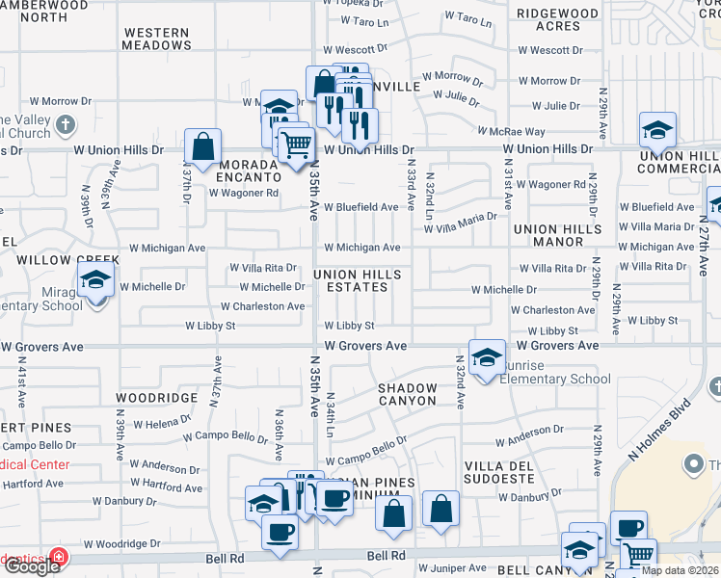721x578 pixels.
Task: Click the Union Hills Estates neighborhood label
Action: [357, 281]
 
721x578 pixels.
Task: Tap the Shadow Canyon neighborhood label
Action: [407, 394]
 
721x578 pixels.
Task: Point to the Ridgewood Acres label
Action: [557, 19]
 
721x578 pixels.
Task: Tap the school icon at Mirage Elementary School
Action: [96, 280]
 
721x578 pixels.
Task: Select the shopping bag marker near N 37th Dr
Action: [203, 147]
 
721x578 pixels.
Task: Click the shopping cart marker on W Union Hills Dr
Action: [296, 144]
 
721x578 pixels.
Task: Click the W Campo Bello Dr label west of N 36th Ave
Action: [224, 435]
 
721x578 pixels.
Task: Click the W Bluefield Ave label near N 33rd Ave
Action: [360, 207]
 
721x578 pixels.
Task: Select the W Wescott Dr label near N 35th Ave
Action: [355, 47]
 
